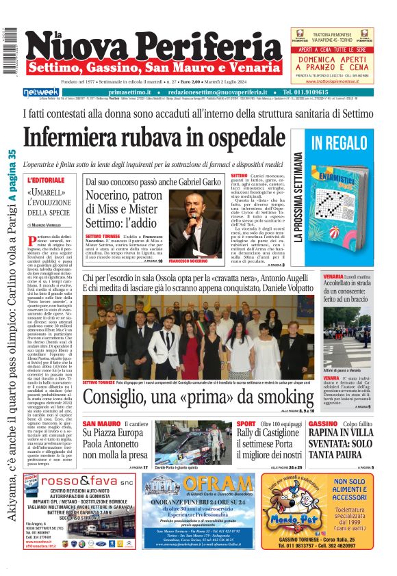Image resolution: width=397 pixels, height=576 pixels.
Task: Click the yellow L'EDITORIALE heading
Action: pos(47,181)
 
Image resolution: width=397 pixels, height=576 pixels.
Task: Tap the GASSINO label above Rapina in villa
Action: pos(323,424)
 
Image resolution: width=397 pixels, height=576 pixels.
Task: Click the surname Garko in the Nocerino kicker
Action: pos(205,183)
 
